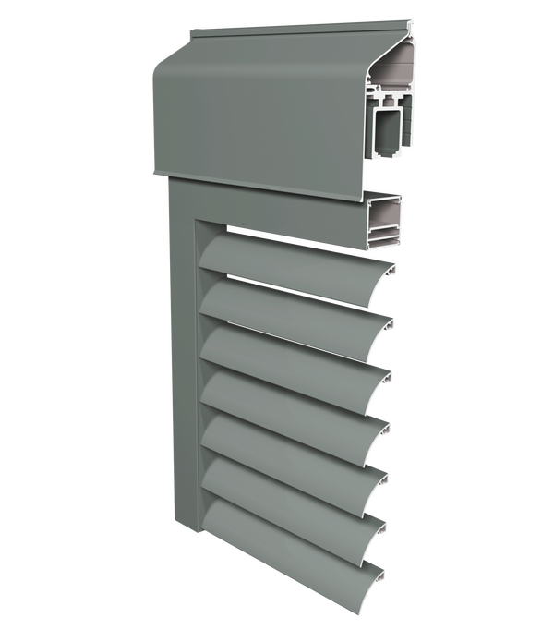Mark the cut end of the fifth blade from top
[x=386, y=479]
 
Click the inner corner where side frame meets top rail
[x=200, y=225]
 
